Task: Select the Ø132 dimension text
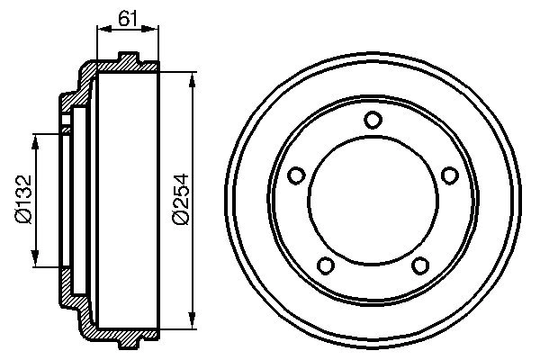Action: tap(22, 200)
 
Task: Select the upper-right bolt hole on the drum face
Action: tap(450, 175)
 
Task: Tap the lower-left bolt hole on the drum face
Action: tap(326, 265)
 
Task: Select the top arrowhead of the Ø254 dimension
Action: tap(192, 79)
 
